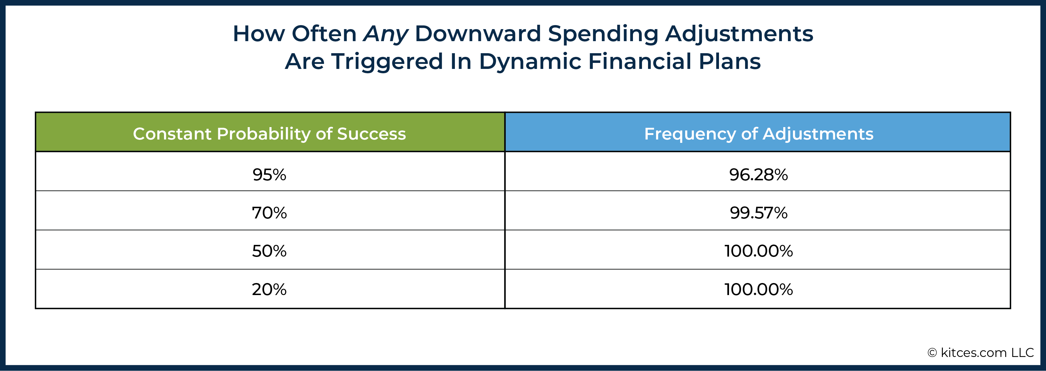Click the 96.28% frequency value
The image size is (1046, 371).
tap(758, 175)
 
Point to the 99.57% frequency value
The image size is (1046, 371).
tap(758, 213)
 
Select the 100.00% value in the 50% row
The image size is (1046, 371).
tap(758, 251)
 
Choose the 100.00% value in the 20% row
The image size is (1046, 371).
tap(758, 289)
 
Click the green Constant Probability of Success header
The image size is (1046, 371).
tap(270, 132)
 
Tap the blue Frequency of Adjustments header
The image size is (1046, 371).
tap(758, 132)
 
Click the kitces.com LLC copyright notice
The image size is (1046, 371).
tap(981, 353)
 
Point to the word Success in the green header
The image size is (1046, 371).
tap(372, 134)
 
